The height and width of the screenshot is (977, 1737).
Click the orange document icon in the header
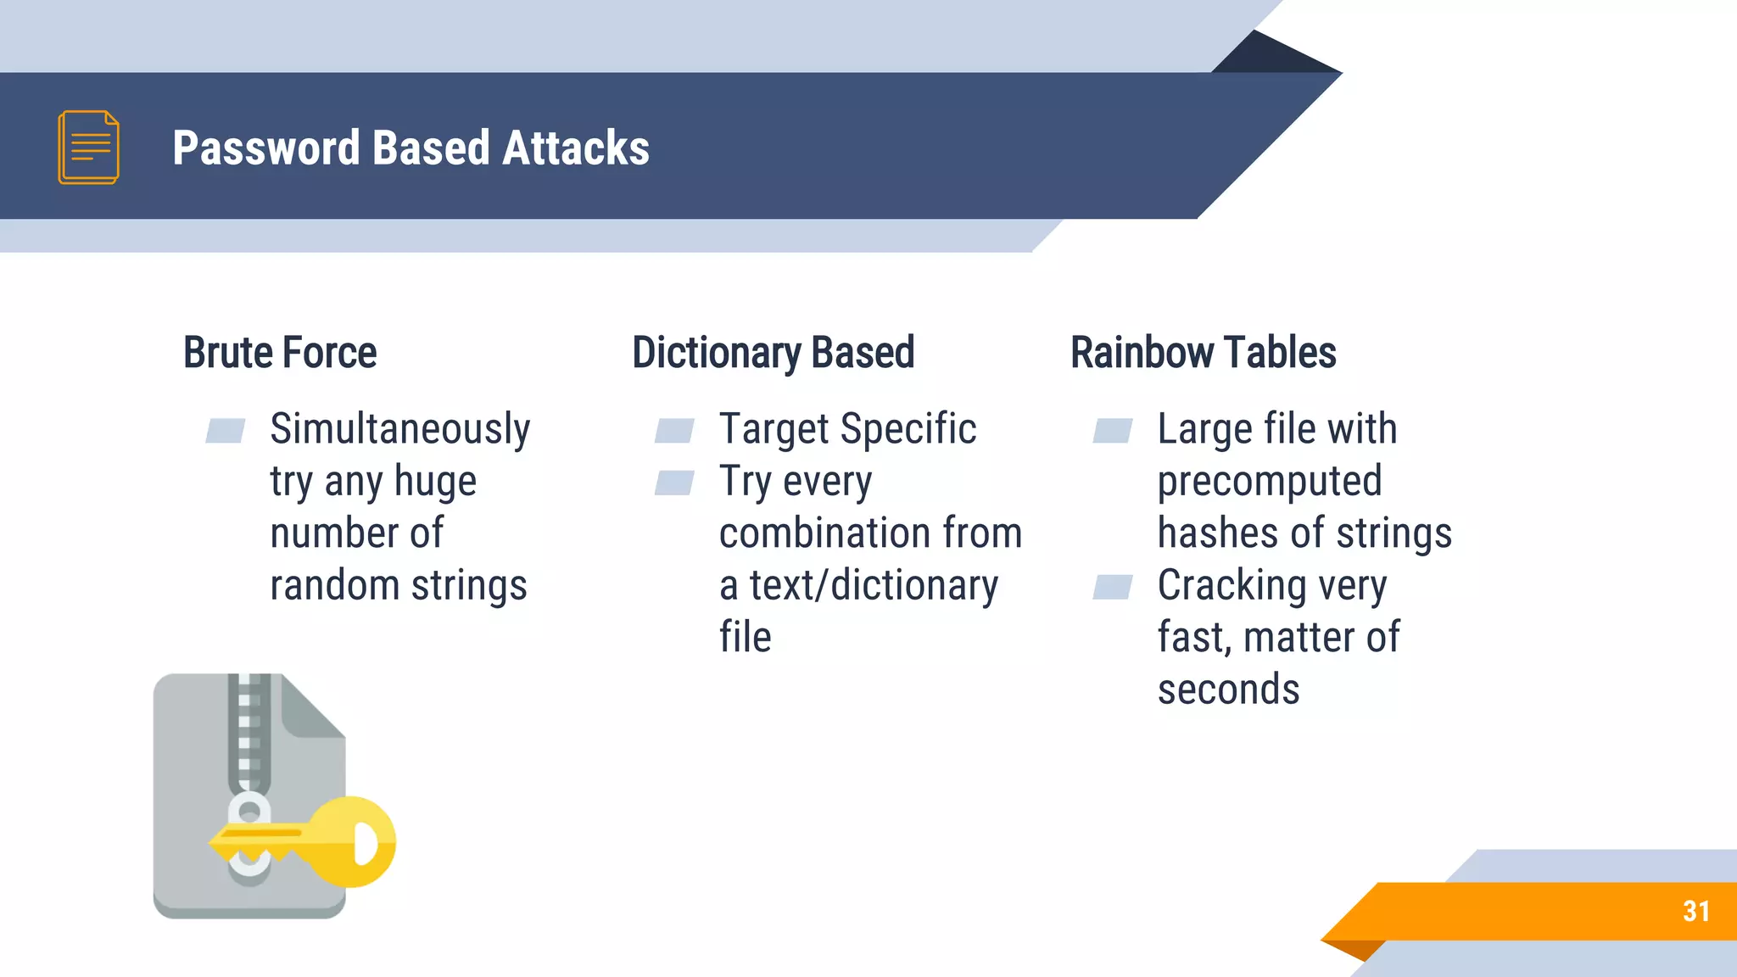(88, 147)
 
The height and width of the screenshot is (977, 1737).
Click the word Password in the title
(266, 148)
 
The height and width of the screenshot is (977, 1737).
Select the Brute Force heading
(280, 353)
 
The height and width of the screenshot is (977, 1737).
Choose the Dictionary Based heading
(773, 353)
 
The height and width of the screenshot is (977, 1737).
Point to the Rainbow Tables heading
(1203, 353)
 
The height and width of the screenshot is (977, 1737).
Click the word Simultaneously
(399, 429)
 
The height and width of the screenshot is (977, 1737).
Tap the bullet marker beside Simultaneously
(226, 431)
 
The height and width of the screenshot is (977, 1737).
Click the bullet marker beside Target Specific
(674, 431)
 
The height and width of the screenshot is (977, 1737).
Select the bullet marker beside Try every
(674, 483)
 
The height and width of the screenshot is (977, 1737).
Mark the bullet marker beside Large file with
(1113, 431)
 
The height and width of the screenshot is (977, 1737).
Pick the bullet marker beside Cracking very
(1113, 587)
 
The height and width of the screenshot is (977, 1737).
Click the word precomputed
(1270, 482)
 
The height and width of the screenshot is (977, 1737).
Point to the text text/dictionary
(874, 586)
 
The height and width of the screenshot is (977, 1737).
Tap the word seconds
(1228, 689)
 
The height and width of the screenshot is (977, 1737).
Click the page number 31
(1695, 912)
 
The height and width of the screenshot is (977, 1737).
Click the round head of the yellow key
(356, 841)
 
